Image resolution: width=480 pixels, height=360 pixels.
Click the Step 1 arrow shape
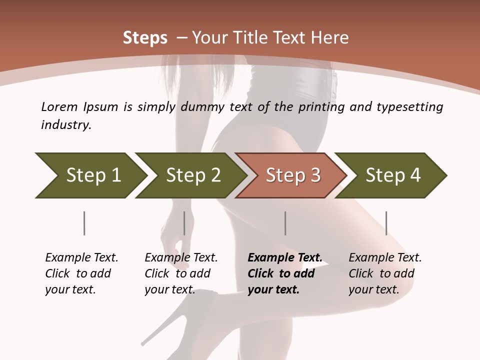(x=90, y=175)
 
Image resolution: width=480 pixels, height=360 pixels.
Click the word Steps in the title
(x=145, y=38)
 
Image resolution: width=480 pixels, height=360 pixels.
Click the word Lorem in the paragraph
(x=59, y=107)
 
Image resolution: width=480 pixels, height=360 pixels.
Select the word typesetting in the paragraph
(x=408, y=107)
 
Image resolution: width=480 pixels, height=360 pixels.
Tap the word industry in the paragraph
(x=66, y=125)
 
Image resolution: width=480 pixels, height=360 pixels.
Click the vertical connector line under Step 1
(x=84, y=223)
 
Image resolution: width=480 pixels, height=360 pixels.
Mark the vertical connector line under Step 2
(x=184, y=223)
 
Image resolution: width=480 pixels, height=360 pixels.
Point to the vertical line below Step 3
(x=285, y=223)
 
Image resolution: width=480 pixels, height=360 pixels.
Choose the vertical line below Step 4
(x=386, y=223)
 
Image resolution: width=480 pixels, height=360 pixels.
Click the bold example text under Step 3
(x=284, y=273)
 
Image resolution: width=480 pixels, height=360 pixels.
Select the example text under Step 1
(x=81, y=273)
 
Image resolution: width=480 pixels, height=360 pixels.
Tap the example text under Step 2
(x=180, y=273)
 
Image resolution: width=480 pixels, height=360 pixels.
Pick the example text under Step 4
(x=384, y=273)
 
